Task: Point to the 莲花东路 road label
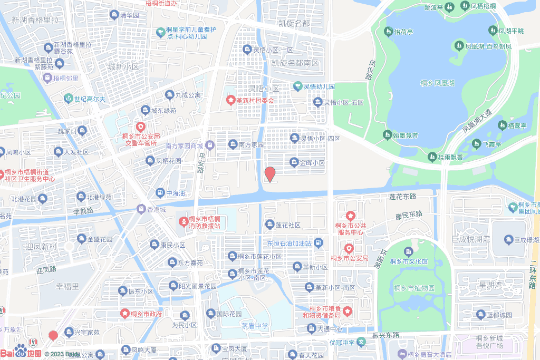(403, 197)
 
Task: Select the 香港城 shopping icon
(141, 209)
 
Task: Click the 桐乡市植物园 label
(414, 288)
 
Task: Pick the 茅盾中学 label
(255, 326)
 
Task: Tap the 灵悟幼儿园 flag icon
(297, 86)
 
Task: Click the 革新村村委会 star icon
(230, 100)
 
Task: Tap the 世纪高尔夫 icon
(68, 99)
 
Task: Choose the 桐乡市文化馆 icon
(408, 251)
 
